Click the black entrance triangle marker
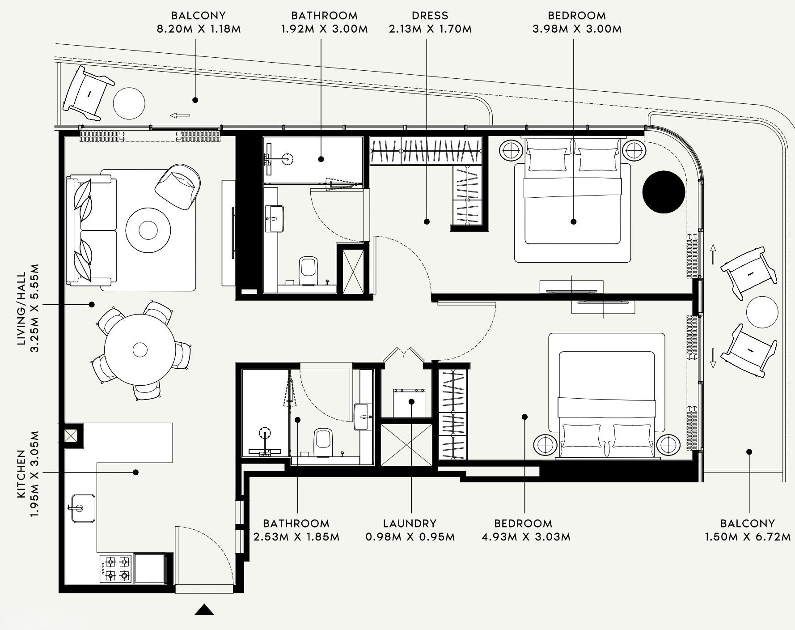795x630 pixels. pyautogui.click(x=204, y=610)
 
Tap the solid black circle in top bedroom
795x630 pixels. pyautogui.click(x=664, y=192)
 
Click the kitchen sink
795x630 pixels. pyautogui.click(x=83, y=508)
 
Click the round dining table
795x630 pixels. pyautogui.click(x=140, y=349)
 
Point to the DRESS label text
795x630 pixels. pyautogui.click(x=430, y=16)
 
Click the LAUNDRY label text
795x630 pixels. pyautogui.click(x=410, y=524)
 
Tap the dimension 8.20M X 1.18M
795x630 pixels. pyautogui.click(x=199, y=29)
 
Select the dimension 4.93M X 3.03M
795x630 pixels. pyautogui.click(x=526, y=537)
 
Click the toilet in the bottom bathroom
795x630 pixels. pyautogui.click(x=323, y=442)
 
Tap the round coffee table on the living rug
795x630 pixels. pyautogui.click(x=148, y=230)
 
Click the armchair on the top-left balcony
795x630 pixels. pyautogui.click(x=89, y=93)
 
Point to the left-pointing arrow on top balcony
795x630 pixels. pyautogui.click(x=180, y=115)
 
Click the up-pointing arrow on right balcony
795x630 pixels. pyautogui.click(x=713, y=254)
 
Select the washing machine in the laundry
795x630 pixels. pyautogui.click(x=410, y=403)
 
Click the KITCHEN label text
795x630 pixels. pyautogui.click(x=21, y=474)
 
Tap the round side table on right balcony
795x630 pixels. pyautogui.click(x=762, y=312)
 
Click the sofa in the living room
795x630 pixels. pyautogui.click(x=92, y=230)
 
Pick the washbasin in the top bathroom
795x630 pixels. pyautogui.click(x=275, y=219)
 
